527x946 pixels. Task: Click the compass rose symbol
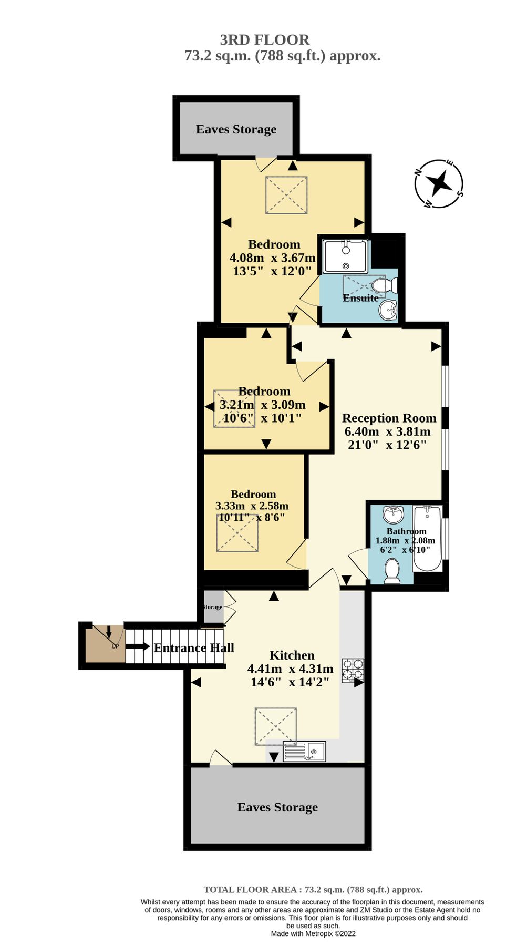pyautogui.click(x=439, y=183)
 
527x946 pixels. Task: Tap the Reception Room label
pyautogui.click(x=389, y=418)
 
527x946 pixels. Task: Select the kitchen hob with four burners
pyautogui.click(x=353, y=671)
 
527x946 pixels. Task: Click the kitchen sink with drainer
pyautogui.click(x=305, y=752)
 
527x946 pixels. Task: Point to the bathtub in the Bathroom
pyautogui.click(x=427, y=539)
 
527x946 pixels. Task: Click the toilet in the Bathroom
pyautogui.click(x=392, y=571)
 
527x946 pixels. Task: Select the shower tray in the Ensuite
pyautogui.click(x=345, y=256)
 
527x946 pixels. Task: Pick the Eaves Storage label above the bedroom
pyautogui.click(x=236, y=129)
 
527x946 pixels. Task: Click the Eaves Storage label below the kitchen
pyautogui.click(x=277, y=807)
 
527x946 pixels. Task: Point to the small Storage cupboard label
pyautogui.click(x=213, y=607)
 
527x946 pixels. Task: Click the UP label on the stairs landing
pyautogui.click(x=115, y=646)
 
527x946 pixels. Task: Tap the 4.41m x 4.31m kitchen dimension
pyautogui.click(x=290, y=669)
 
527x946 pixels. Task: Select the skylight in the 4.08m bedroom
pyautogui.click(x=286, y=195)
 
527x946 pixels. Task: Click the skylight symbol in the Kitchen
pyautogui.click(x=276, y=726)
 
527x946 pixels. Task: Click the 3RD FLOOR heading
pyautogui.click(x=264, y=40)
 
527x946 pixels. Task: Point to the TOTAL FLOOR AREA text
pyautogui.click(x=313, y=890)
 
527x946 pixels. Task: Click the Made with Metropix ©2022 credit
pyautogui.click(x=313, y=933)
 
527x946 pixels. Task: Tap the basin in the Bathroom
pyautogui.click(x=393, y=513)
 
